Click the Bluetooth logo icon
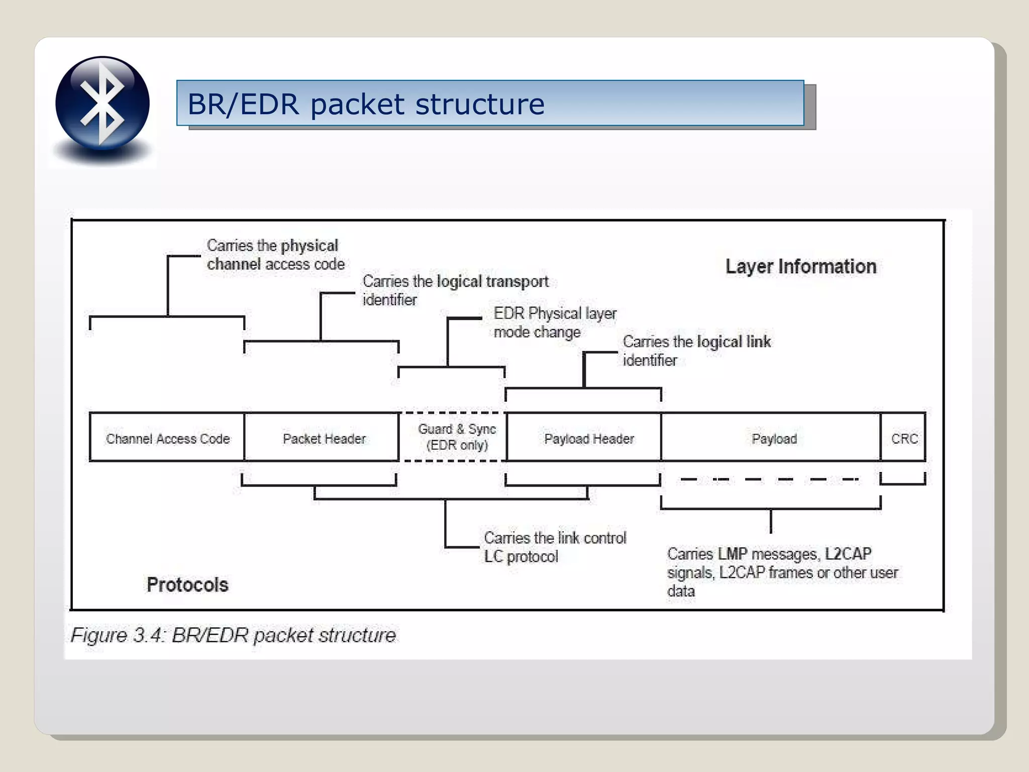tap(102, 103)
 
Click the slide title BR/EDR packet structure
tap(366, 104)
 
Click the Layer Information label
tap(801, 266)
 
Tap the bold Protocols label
tap(187, 585)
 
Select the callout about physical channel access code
tap(275, 255)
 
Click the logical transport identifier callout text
tap(455, 290)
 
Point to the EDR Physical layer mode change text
tap(554, 322)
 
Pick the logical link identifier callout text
tap(696, 350)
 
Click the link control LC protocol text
tap(554, 547)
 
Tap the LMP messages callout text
tap(781, 572)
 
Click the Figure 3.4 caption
tap(233, 635)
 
